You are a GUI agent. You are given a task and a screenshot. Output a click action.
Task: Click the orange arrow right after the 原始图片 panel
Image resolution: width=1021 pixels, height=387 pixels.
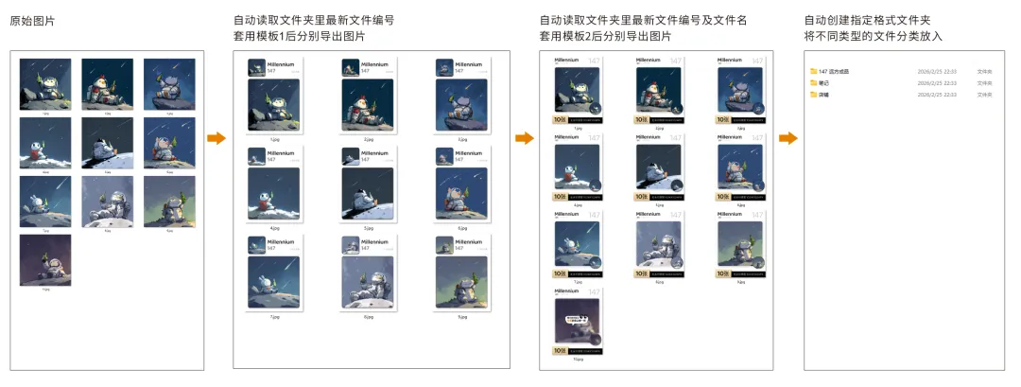click(216, 139)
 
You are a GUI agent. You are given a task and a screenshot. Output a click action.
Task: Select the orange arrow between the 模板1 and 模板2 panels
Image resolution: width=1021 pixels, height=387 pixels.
click(524, 139)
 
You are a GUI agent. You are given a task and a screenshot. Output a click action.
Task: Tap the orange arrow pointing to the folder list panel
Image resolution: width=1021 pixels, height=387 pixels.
click(787, 139)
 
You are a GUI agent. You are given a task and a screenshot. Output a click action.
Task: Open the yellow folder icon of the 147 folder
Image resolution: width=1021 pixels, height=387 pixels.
click(813, 71)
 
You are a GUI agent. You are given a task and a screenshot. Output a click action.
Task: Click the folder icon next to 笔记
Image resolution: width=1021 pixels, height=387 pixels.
click(813, 83)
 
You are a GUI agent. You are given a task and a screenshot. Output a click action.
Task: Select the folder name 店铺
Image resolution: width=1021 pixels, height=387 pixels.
click(823, 95)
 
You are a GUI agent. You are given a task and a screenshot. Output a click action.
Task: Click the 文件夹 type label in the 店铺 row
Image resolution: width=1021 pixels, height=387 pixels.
click(984, 95)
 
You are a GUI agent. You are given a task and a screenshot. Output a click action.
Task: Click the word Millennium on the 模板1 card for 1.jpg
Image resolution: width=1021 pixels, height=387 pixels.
click(282, 64)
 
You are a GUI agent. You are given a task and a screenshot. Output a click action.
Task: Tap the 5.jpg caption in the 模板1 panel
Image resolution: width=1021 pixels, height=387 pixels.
click(367, 228)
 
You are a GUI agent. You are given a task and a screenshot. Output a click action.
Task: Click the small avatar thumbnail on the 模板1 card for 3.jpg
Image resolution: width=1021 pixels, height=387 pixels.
click(442, 67)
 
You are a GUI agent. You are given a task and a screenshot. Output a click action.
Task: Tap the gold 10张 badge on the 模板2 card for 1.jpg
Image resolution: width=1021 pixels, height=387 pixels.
click(561, 120)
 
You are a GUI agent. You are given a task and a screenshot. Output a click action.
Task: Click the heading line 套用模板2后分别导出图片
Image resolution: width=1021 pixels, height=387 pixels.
click(605, 36)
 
